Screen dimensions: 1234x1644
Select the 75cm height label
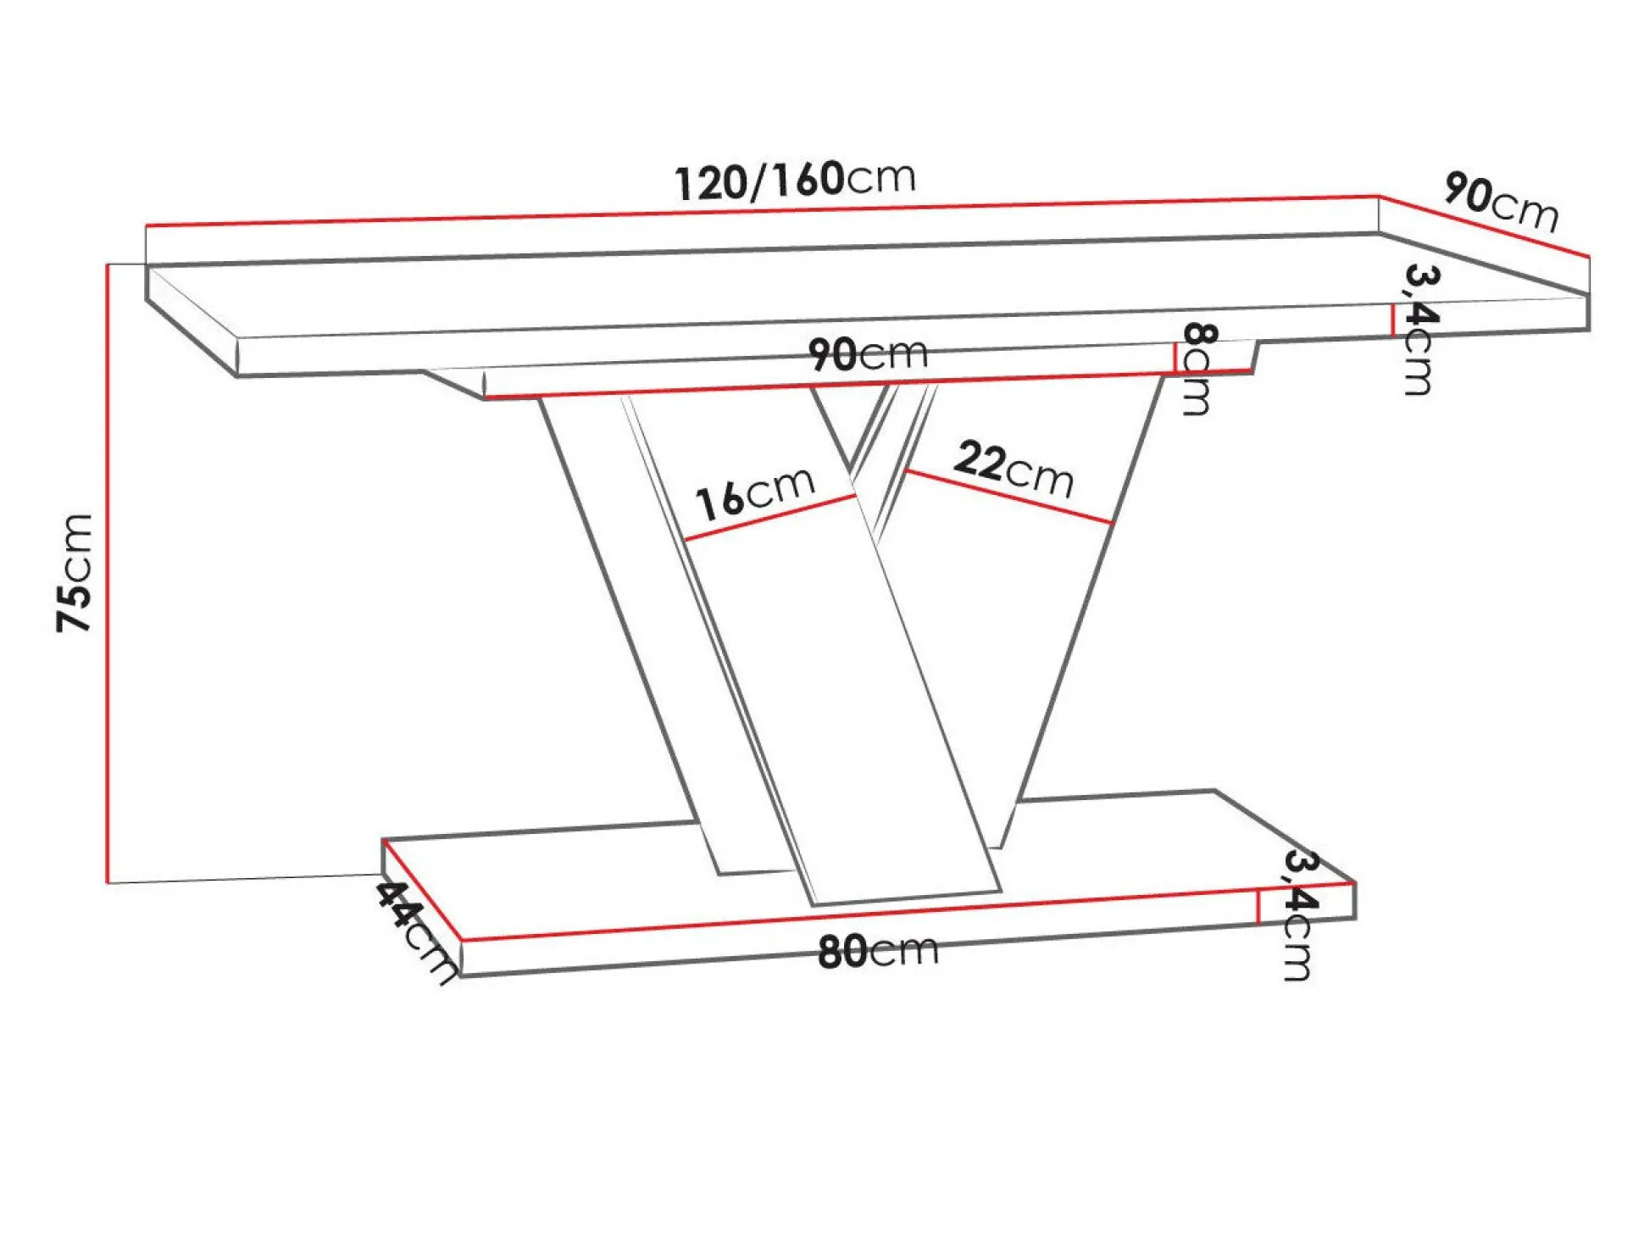pyautogui.click(x=74, y=572)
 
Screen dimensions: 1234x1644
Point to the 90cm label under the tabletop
pyautogui.click(x=868, y=353)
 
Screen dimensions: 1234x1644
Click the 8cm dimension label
pyautogui.click(x=1197, y=368)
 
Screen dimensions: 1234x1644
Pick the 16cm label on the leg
pyautogui.click(x=754, y=493)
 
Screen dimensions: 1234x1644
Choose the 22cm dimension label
pyautogui.click(x=1014, y=470)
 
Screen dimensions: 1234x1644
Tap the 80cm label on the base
pyautogui.click(x=878, y=950)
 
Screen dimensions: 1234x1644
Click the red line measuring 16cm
pyautogui.click(x=769, y=517)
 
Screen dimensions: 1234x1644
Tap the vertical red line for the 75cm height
pyautogui.click(x=108, y=573)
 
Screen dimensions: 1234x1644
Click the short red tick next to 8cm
pyautogui.click(x=1175, y=357)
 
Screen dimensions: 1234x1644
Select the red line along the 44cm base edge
pyautogui.click(x=421, y=889)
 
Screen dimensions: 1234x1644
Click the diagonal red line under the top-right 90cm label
pyautogui.click(x=1483, y=226)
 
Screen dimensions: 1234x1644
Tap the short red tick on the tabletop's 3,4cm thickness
pyautogui.click(x=1392, y=320)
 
